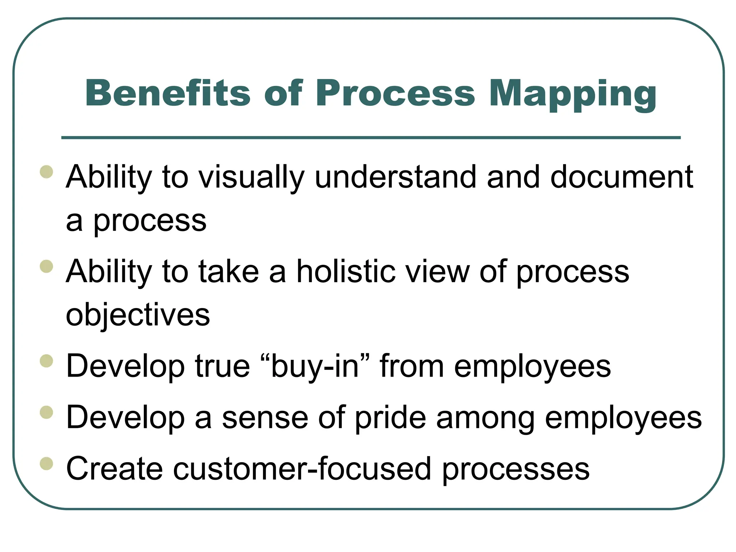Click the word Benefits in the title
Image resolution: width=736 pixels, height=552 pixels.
tap(167, 93)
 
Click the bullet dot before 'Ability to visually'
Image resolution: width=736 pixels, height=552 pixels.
tap(47, 172)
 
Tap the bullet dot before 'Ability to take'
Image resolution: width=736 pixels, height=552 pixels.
tap(47, 267)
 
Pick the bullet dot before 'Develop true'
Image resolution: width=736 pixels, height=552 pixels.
tap(47, 361)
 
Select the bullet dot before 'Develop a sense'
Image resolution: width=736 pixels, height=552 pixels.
tap(47, 413)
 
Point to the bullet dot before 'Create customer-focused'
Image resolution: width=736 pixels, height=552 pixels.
tap(47, 464)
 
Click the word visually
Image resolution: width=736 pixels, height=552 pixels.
tap(252, 178)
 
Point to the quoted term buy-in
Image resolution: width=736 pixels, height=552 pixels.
tap(315, 367)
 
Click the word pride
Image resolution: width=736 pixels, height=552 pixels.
tap(390, 418)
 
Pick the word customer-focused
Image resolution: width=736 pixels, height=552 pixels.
tap(302, 469)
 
